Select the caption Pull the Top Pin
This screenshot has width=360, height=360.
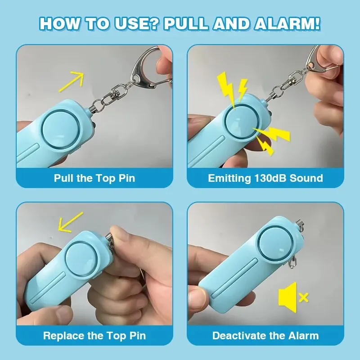pos(94,178)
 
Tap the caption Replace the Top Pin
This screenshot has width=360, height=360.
pos(94,336)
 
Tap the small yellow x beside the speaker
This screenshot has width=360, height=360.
pos(304,297)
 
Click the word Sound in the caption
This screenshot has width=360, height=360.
pos(306,178)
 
